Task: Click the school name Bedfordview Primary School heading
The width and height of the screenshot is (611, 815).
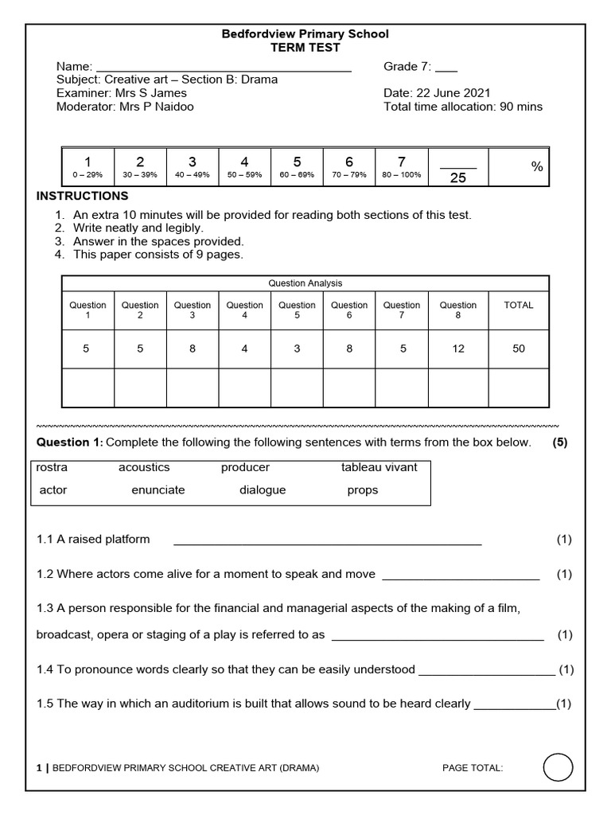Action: coord(305,34)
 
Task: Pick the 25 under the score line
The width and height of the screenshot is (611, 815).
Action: coord(458,178)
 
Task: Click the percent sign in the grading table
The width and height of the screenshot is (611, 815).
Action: coord(537,166)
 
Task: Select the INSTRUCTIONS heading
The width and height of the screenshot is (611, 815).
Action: coord(83,196)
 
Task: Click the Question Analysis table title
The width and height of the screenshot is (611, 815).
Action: coord(305,283)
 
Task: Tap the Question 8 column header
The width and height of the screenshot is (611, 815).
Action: coord(458,310)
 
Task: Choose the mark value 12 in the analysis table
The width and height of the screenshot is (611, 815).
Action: coord(458,349)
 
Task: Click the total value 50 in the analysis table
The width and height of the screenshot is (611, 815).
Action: coord(519,349)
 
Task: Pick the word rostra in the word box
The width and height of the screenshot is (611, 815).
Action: coord(53,467)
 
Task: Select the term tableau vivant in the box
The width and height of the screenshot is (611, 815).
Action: coord(379,467)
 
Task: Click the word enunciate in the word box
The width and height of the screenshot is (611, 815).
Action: coord(158,490)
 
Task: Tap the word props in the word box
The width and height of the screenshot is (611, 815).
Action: coord(363,490)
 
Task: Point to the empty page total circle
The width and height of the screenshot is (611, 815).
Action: coord(558,768)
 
